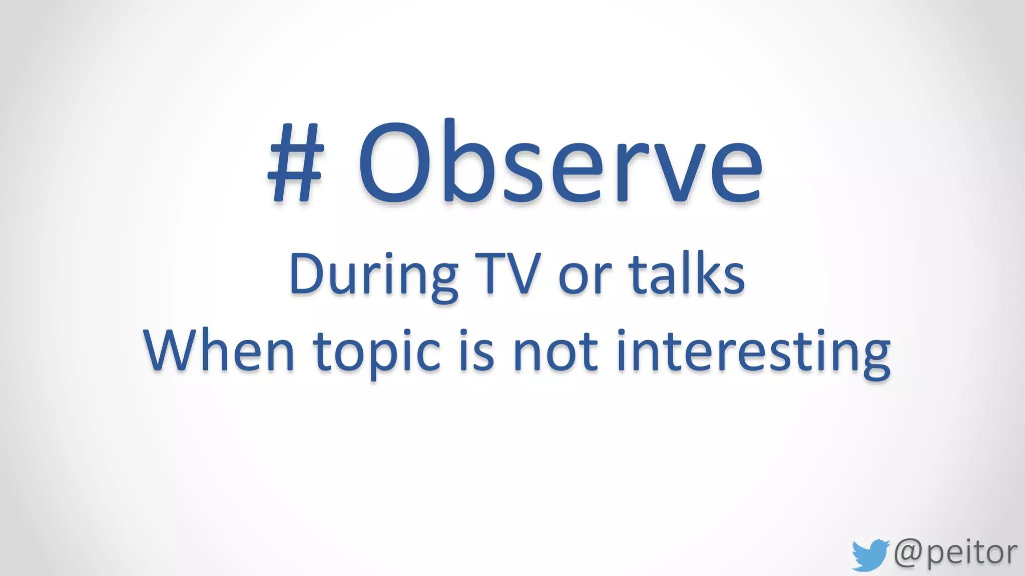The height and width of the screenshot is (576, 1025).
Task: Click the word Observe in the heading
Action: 561,162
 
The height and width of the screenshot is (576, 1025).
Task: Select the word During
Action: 373,275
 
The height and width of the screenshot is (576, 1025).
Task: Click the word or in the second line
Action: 585,277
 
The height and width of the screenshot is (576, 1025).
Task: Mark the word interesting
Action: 753,352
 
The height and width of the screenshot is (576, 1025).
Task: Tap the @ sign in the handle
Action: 908,552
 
